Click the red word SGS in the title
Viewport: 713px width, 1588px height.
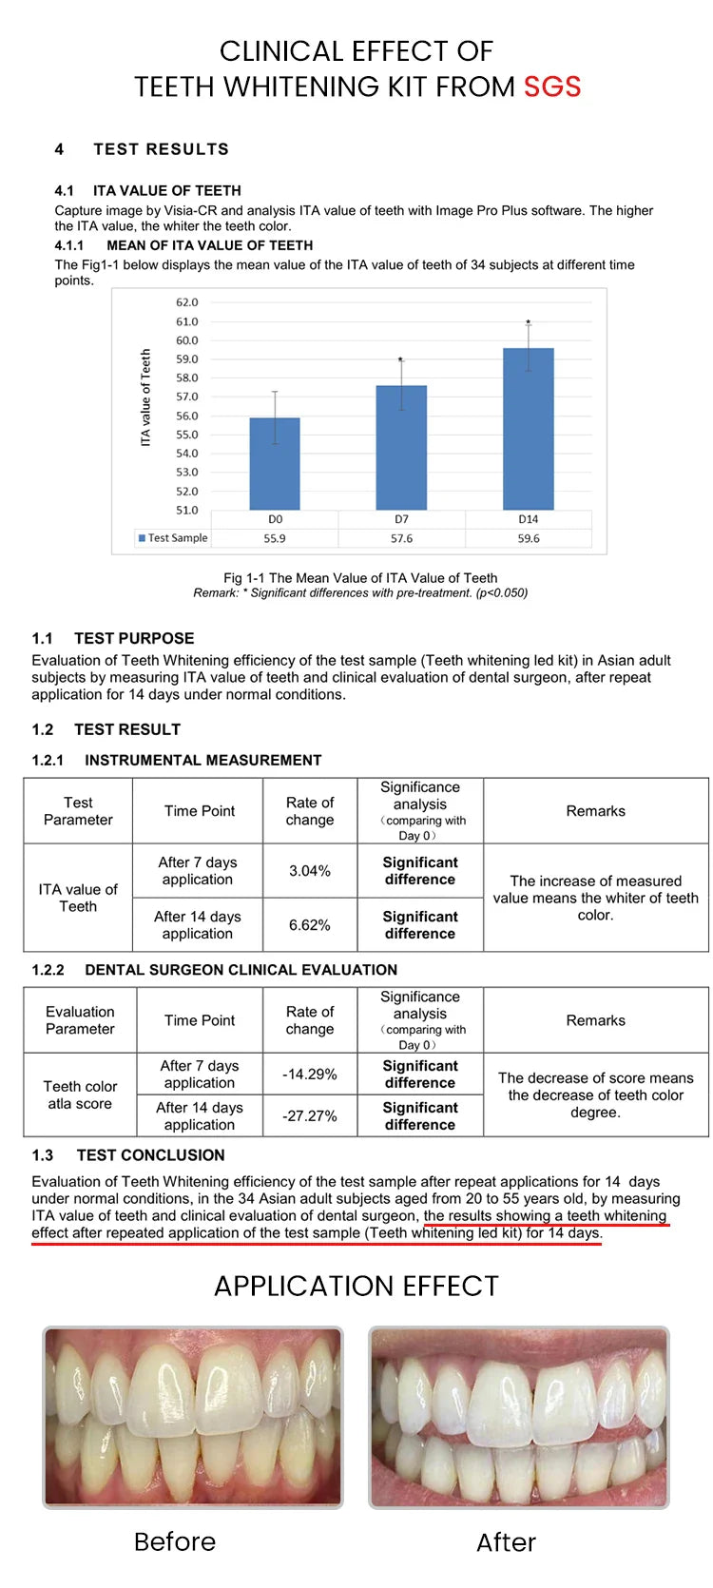point(552,87)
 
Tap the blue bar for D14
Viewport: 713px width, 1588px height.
point(528,429)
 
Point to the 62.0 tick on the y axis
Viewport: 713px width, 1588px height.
point(187,302)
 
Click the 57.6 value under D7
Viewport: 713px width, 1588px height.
point(401,538)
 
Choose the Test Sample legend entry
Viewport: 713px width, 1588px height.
point(173,538)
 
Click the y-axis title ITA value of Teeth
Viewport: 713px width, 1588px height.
point(145,397)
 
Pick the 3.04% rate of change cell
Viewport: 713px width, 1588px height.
point(310,871)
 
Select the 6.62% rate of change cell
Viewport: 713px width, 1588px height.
point(310,925)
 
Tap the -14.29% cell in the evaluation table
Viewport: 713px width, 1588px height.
point(310,1075)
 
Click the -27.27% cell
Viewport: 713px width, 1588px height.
point(310,1115)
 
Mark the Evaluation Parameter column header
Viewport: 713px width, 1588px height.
point(80,1020)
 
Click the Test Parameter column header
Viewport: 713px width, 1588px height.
point(78,811)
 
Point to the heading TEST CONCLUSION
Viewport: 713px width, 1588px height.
point(150,1155)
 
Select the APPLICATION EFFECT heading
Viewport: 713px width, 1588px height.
point(356,1287)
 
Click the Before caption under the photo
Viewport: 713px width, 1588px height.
point(175,1541)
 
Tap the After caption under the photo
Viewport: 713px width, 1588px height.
point(506,1541)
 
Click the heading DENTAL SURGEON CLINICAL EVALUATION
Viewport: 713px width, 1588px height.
point(241,970)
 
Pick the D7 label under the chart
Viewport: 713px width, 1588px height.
point(401,519)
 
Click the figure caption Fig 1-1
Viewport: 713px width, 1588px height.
point(360,577)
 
